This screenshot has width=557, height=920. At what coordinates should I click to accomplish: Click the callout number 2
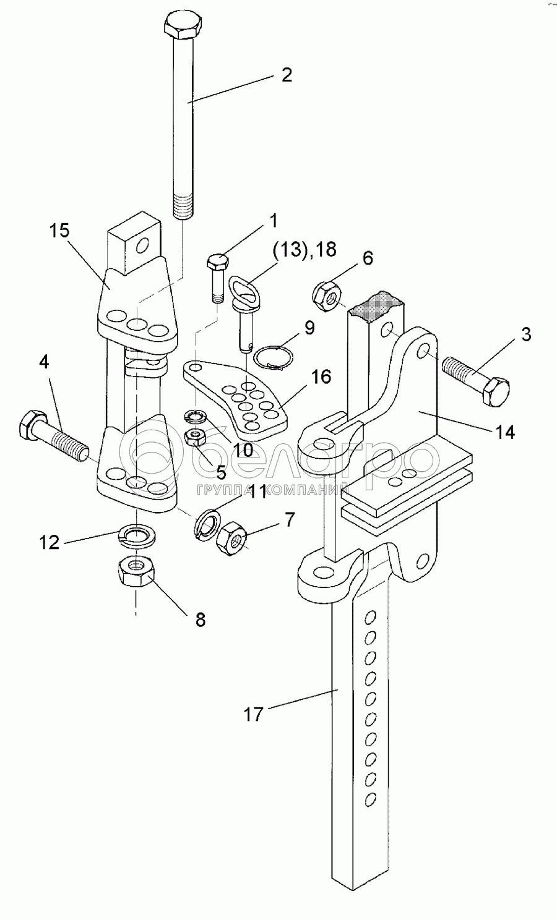pyautogui.click(x=286, y=75)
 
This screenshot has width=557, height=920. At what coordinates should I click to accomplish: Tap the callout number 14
pyautogui.click(x=505, y=432)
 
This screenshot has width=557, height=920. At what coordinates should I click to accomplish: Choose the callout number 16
pyautogui.click(x=321, y=377)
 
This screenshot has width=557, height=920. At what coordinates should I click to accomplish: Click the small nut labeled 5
pyautogui.click(x=196, y=440)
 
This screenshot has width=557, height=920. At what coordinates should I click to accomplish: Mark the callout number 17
pyautogui.click(x=253, y=715)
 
